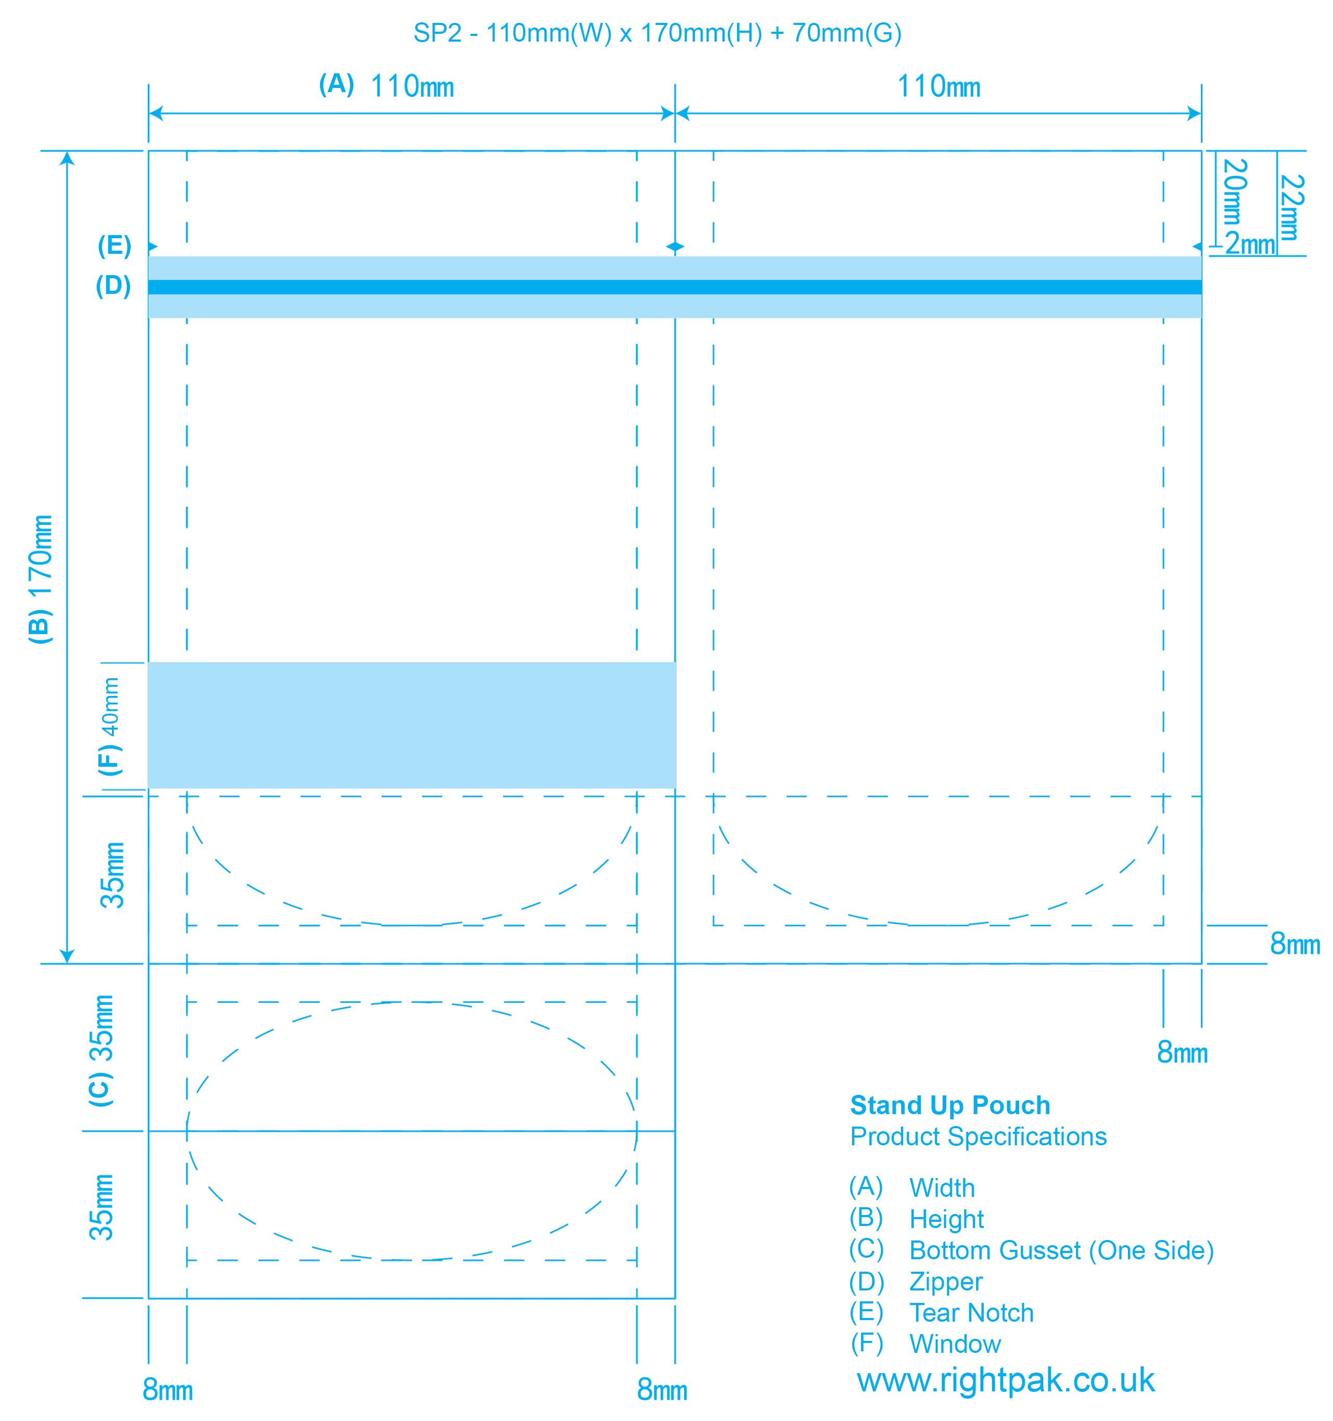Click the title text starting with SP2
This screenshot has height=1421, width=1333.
pos(657,33)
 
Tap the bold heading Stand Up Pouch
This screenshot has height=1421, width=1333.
pos(950,1106)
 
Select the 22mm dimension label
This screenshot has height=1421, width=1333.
pos(1291,208)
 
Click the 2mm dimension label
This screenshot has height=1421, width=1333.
pos(1250,244)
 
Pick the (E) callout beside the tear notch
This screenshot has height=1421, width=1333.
pos(115,246)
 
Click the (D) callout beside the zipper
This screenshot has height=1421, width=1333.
pos(113,286)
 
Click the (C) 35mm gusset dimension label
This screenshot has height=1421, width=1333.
pos(101,1051)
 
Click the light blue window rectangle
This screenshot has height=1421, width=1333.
pos(412,726)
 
